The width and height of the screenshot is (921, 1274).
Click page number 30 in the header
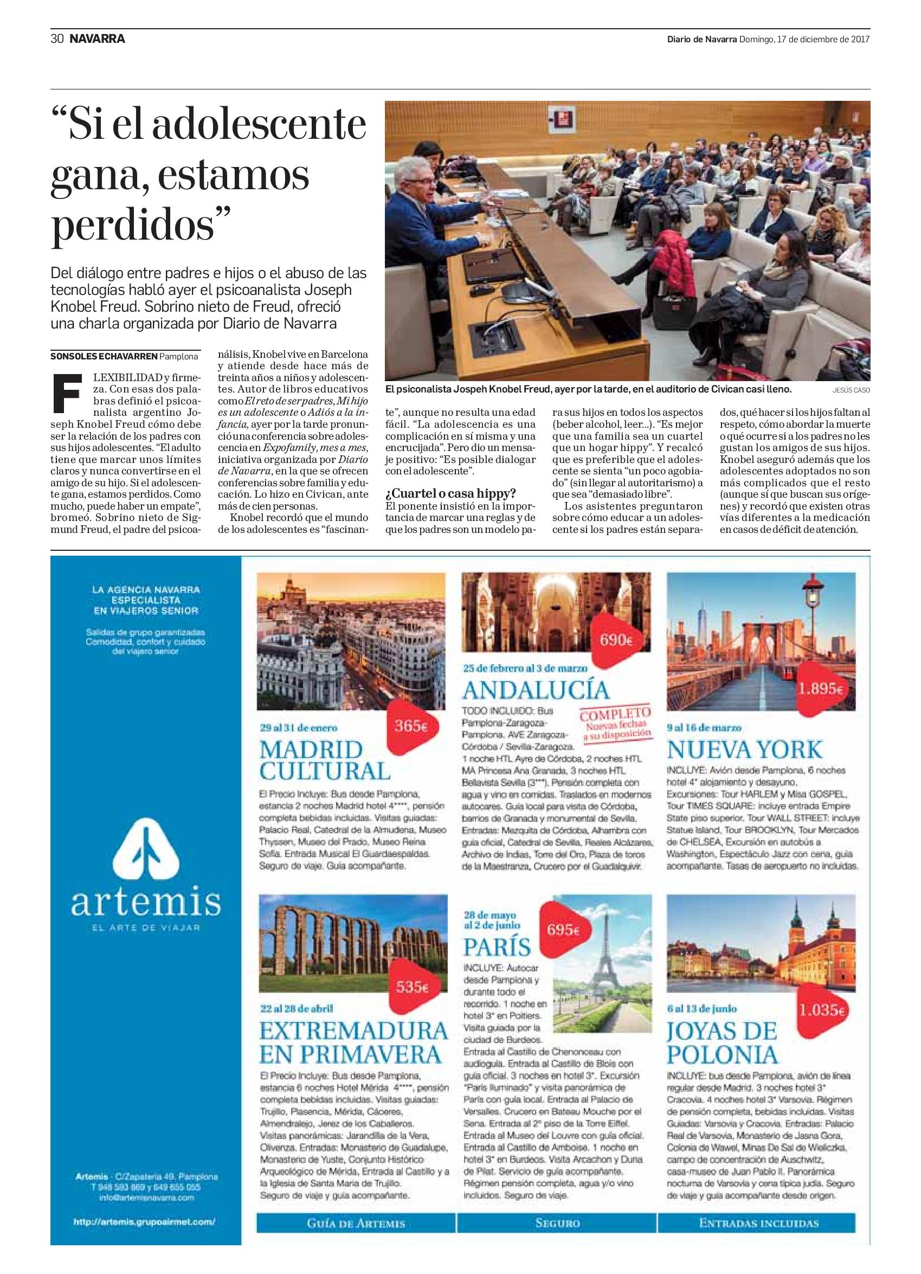point(57,38)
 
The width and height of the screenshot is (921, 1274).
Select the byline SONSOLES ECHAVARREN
point(104,356)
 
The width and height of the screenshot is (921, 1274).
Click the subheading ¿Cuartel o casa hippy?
point(450,493)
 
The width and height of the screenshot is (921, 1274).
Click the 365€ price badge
point(410,726)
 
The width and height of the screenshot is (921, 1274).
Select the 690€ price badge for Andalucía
point(617,640)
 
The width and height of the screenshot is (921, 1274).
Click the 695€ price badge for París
point(563,930)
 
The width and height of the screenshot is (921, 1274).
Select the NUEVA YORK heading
point(745,749)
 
